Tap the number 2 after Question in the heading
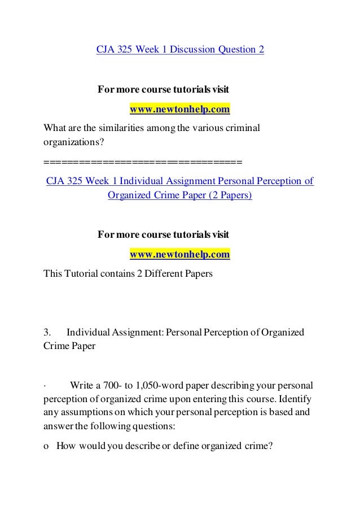click(x=261, y=49)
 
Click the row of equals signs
click(x=142, y=164)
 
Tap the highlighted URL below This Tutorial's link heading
click(x=180, y=254)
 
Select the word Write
click(x=82, y=386)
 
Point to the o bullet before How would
click(x=46, y=445)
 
